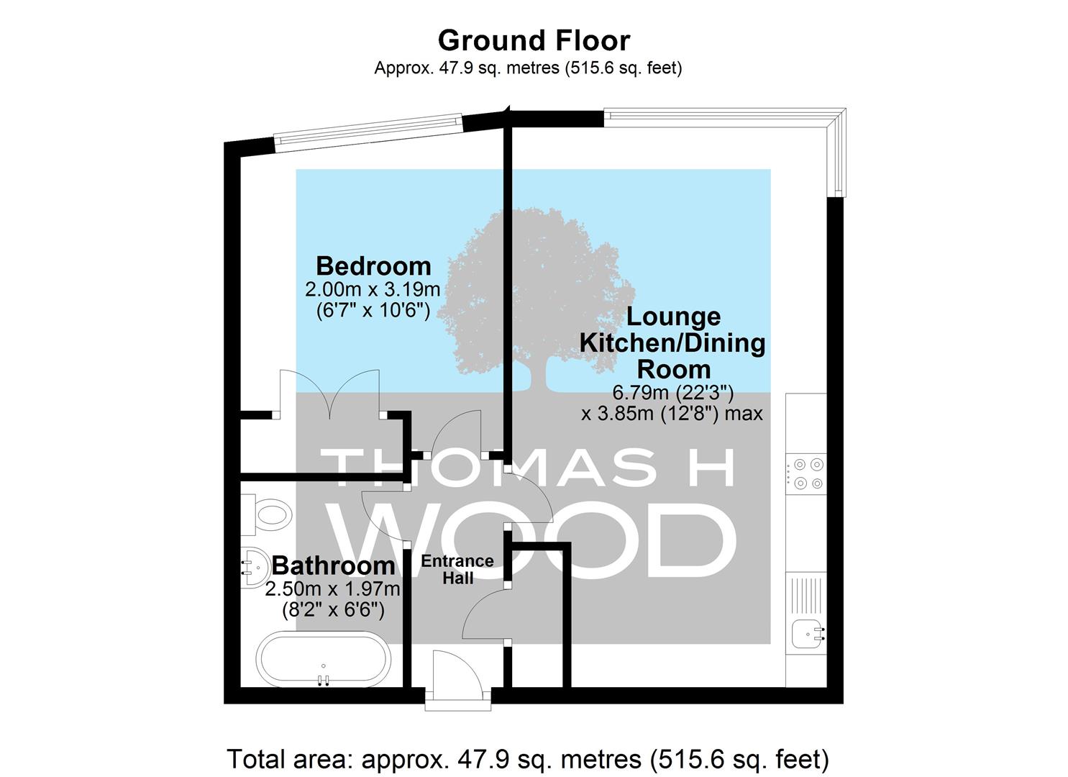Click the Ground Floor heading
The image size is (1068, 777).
(534, 40)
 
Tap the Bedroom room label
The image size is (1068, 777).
(373, 265)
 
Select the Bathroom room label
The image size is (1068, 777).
(333, 565)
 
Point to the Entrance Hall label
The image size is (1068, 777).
(457, 570)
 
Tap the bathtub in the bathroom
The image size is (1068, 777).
(323, 660)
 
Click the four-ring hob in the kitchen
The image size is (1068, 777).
(805, 473)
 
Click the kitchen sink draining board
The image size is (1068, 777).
(806, 596)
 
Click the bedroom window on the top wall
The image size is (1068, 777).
(368, 128)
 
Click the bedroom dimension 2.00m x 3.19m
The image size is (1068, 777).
(373, 289)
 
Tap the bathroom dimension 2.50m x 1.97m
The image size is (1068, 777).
(332, 589)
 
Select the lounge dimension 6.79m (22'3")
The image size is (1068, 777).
(672, 393)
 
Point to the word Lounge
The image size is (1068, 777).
(673, 317)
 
